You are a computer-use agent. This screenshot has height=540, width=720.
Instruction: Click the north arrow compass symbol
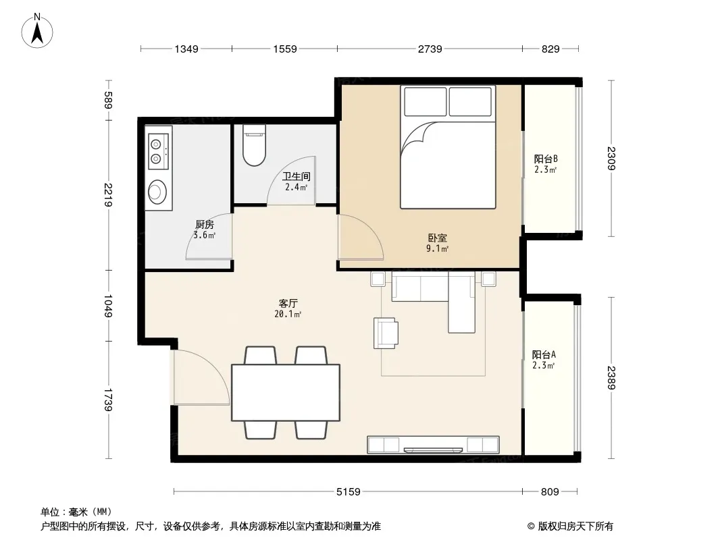[37, 31]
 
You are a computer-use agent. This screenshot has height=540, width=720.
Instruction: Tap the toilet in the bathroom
[254, 145]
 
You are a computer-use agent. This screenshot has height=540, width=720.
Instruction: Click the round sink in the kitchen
[157, 192]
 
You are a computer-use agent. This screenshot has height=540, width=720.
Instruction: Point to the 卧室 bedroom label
[437, 238]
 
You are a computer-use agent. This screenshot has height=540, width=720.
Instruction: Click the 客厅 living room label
[288, 303]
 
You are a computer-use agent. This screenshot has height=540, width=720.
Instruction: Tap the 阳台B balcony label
[546, 159]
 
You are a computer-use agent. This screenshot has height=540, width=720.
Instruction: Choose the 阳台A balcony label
[544, 354]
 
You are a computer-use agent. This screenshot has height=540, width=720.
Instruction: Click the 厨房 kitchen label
[205, 224]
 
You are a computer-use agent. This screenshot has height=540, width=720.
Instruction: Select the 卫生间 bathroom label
[297, 176]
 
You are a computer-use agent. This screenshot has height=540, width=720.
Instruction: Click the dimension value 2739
[430, 49]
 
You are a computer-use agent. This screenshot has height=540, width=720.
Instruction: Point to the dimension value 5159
[348, 492]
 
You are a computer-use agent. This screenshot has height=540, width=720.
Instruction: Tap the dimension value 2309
[611, 158]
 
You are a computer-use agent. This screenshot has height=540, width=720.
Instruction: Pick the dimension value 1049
[108, 306]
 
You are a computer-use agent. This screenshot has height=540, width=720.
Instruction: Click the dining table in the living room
[286, 393]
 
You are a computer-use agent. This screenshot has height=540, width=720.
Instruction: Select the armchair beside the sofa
[385, 333]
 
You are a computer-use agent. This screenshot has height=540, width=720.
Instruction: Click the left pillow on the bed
[426, 101]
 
